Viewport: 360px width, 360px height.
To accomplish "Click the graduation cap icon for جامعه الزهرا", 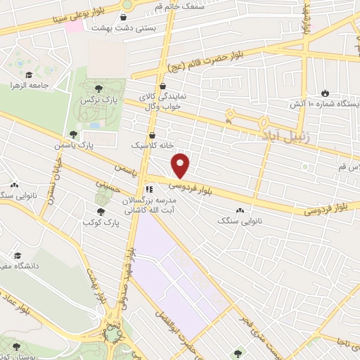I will click(29, 75).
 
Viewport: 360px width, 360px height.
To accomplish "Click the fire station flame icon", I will click(324, 93).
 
